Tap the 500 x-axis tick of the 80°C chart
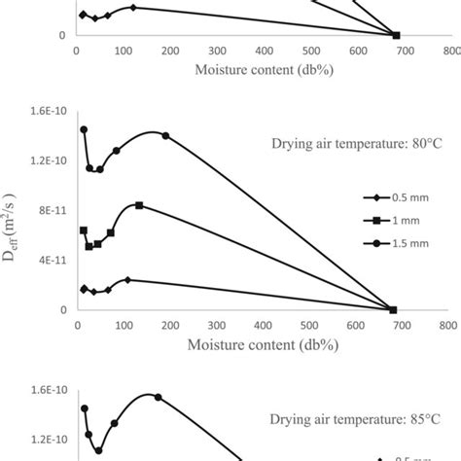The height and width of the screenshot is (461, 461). tap(309, 326)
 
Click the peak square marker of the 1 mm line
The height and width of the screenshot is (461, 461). tap(139, 205)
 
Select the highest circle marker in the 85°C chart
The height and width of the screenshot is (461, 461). tap(159, 397)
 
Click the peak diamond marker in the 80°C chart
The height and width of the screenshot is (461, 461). tap(127, 279)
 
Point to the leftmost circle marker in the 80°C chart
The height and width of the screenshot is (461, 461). tap(84, 129)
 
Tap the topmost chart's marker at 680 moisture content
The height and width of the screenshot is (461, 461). tap(395, 35)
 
